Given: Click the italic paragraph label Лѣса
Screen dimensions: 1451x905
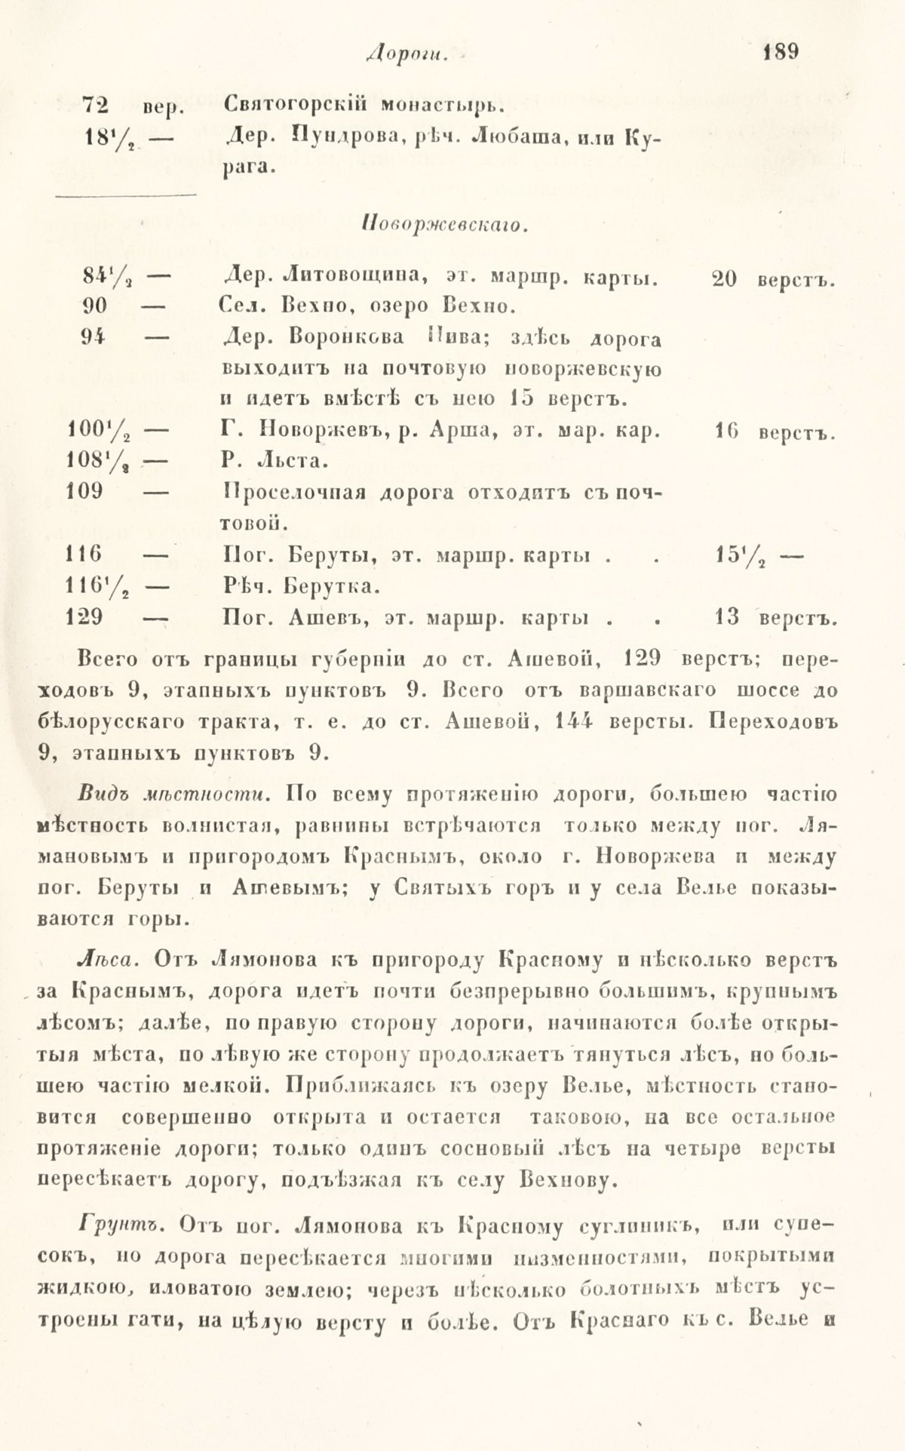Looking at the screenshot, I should coord(106,960).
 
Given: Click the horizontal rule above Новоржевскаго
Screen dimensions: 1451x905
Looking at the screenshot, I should coord(126,196).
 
